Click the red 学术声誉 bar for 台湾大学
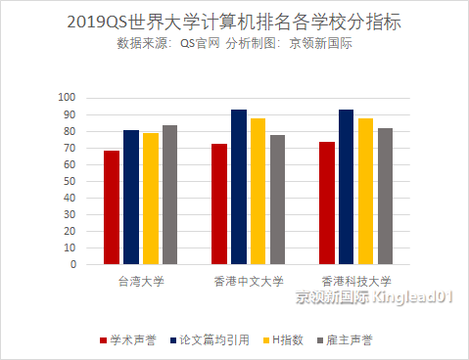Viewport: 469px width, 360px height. click(112, 207)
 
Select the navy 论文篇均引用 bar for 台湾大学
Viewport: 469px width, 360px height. click(131, 197)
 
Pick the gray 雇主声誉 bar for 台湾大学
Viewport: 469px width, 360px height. click(169, 195)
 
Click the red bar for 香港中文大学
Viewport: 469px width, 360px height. click(219, 203)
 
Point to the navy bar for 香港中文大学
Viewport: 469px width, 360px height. click(239, 187)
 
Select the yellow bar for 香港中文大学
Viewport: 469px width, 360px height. click(258, 191)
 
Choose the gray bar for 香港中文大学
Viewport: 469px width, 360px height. click(277, 200)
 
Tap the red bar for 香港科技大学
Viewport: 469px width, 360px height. click(327, 202)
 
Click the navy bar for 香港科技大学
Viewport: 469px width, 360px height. click(347, 187)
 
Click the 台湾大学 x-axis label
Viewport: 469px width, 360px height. click(141, 282)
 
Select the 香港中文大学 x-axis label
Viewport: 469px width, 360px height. click(249, 282)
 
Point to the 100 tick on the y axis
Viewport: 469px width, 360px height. click(67, 98)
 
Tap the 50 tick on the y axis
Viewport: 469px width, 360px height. click(70, 181)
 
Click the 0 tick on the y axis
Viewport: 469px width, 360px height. click(72, 264)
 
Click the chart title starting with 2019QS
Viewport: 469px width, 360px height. click(235, 22)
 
